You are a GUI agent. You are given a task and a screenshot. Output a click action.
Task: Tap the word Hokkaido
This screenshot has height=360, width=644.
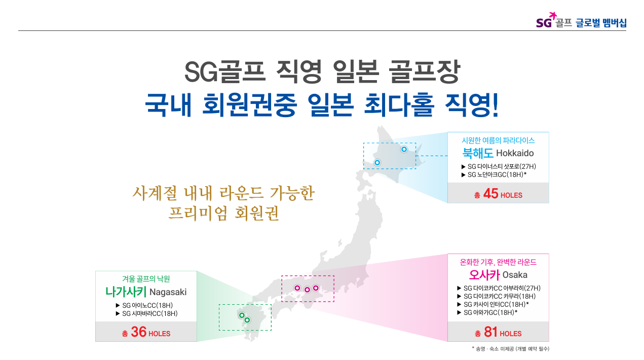[x=515, y=153]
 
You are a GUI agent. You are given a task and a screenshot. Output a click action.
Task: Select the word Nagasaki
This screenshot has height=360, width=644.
[x=168, y=292]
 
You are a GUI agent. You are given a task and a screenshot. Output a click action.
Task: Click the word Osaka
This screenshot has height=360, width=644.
[x=515, y=275]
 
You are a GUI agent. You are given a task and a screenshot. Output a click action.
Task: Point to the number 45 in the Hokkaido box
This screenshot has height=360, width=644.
[x=490, y=194]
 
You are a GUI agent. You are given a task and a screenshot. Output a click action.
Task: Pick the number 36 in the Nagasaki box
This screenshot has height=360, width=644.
[x=138, y=332]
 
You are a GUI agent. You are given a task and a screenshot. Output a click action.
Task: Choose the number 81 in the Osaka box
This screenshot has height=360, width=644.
[x=490, y=332]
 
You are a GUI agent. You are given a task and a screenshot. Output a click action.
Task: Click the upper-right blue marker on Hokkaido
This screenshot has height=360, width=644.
[x=404, y=150]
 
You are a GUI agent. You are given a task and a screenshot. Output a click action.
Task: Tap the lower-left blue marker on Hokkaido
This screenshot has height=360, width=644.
[x=377, y=163]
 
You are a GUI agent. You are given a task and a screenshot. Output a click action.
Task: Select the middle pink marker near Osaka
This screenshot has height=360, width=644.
[x=307, y=290]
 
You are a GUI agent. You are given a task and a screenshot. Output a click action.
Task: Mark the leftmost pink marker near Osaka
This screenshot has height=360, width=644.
[x=297, y=288]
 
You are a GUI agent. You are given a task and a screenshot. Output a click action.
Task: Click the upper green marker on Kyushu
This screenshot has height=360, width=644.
[x=242, y=315]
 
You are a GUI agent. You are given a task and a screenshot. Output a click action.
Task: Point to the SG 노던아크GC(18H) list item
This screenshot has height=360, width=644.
[x=494, y=175]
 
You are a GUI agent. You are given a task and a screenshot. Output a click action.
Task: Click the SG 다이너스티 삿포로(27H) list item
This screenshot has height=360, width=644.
[x=499, y=166]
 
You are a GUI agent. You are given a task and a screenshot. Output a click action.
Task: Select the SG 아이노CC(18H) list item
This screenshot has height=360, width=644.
[x=144, y=305]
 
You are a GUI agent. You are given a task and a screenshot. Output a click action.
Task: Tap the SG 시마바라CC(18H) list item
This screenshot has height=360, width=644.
[x=146, y=313]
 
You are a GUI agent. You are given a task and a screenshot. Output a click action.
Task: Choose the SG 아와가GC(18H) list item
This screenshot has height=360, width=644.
[x=487, y=312]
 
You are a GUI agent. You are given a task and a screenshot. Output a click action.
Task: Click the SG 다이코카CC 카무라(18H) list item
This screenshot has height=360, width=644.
[x=496, y=297]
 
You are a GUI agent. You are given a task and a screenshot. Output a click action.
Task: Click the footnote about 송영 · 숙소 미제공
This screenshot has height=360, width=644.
[x=510, y=349]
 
